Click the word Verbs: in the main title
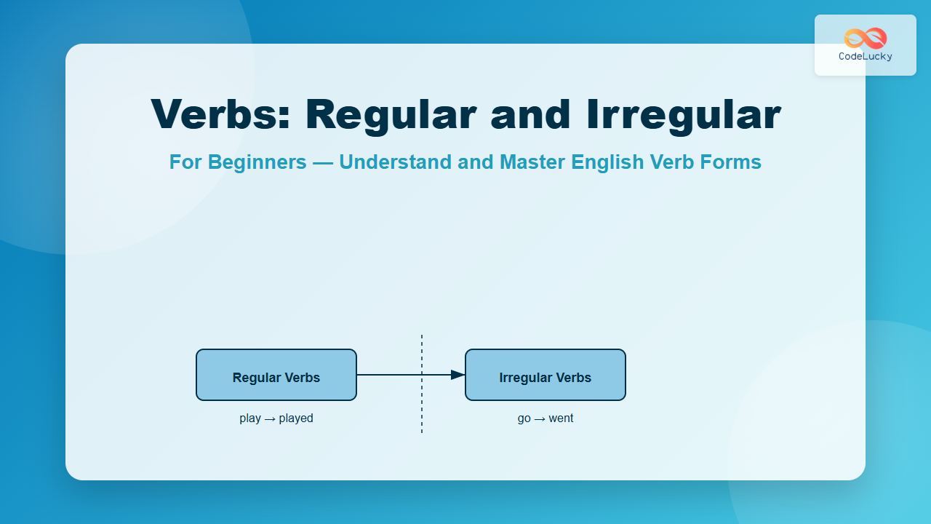coord(220,114)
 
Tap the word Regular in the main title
coord(391,116)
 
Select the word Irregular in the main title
coord(684,116)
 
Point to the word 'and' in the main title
coord(531,114)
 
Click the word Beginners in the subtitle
coord(257,162)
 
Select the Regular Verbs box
coord(276,375)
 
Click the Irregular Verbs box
coord(546,375)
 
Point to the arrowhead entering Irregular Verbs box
coord(458,375)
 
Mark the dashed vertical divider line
coord(422,384)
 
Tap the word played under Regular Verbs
coord(296,418)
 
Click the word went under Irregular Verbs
coord(561,418)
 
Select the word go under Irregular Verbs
coord(524,419)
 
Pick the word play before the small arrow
coord(250,418)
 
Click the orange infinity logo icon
coord(866,39)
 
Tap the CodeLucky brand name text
coord(866,57)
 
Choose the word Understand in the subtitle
coord(395,162)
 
